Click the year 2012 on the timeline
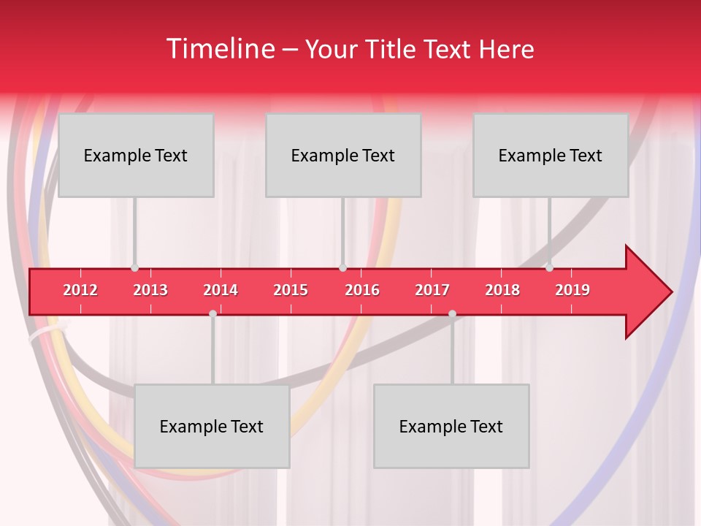[x=80, y=290]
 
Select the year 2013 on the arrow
[x=150, y=290]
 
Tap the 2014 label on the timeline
[x=221, y=290]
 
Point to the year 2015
[x=291, y=290]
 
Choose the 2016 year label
[x=362, y=290]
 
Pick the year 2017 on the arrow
[x=432, y=290]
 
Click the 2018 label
[x=502, y=290]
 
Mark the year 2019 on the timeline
[x=572, y=290]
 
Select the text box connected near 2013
[x=136, y=155]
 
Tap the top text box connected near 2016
[x=343, y=155]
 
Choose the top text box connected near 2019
[x=551, y=155]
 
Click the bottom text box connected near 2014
[x=212, y=426]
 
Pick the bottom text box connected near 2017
[x=451, y=426]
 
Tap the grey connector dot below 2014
[x=212, y=313]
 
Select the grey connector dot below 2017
[x=452, y=313]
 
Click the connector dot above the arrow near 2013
[x=134, y=268]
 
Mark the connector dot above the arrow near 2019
[x=549, y=267]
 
